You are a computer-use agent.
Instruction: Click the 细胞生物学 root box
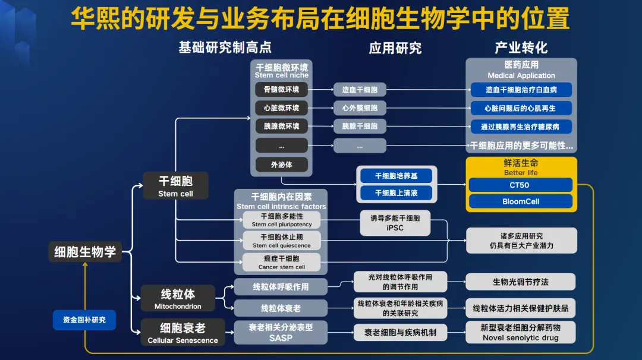(85, 252)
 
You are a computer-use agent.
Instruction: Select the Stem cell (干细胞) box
(175, 185)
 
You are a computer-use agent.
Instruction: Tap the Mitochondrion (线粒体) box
(178, 298)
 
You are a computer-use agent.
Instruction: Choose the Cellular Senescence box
(182, 333)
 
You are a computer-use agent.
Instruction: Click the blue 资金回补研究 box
(84, 320)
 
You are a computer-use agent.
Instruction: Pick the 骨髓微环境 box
(281, 90)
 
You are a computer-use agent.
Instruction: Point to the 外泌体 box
(281, 165)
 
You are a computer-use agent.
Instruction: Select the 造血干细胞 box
(360, 90)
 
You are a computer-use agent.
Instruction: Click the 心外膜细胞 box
(360, 108)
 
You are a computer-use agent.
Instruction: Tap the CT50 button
(520, 185)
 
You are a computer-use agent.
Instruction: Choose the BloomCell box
(520, 201)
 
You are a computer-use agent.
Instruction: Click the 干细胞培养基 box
(396, 176)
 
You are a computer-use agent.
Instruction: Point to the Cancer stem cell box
(281, 263)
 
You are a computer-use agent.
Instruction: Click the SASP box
(281, 332)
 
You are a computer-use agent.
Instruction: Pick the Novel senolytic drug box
(520, 332)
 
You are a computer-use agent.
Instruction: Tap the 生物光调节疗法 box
(520, 282)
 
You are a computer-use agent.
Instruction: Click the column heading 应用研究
(395, 48)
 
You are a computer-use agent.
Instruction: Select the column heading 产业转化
(521, 48)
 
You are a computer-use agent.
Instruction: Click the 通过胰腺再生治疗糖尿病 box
(520, 127)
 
